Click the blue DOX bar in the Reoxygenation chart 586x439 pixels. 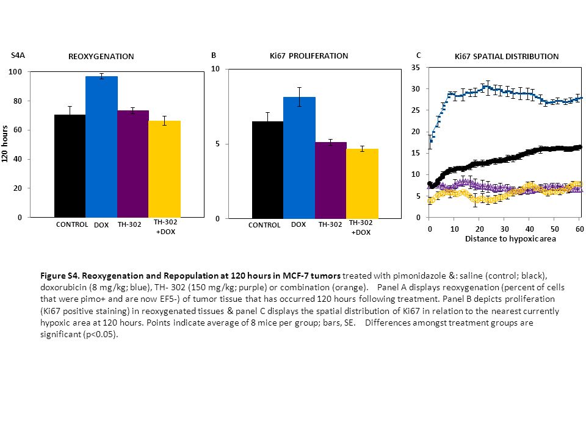102,147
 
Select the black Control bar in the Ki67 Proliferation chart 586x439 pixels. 267,170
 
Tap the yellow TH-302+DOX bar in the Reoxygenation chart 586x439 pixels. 164,169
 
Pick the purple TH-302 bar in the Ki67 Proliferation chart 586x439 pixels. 331,180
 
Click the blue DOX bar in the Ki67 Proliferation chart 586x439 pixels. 299,158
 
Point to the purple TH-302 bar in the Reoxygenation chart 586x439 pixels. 133,164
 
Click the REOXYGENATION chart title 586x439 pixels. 101,56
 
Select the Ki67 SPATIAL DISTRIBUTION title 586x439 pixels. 507,56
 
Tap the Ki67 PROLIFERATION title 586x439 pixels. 309,56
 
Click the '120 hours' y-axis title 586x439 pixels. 5,144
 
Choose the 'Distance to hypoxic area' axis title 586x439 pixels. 510,239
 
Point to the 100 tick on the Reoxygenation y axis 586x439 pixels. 15,72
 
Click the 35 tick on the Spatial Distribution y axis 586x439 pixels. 416,68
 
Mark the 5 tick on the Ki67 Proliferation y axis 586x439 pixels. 217,144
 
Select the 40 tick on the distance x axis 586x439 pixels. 530,229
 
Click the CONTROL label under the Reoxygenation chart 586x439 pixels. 72,224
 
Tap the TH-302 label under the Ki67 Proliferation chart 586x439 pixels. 330,224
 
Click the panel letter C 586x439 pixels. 419,55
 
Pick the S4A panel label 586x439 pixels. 18,55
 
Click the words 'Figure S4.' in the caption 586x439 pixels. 60,276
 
